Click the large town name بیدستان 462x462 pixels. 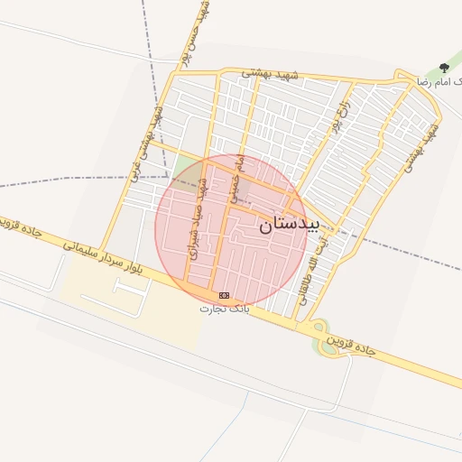pos(289,225)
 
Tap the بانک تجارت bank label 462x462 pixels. pos(224,309)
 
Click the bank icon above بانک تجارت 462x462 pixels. pos(224,295)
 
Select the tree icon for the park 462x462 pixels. pos(443,68)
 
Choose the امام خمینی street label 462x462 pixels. pos(239,176)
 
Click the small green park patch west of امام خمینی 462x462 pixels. pos(186,166)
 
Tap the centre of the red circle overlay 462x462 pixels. pos(231,231)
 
